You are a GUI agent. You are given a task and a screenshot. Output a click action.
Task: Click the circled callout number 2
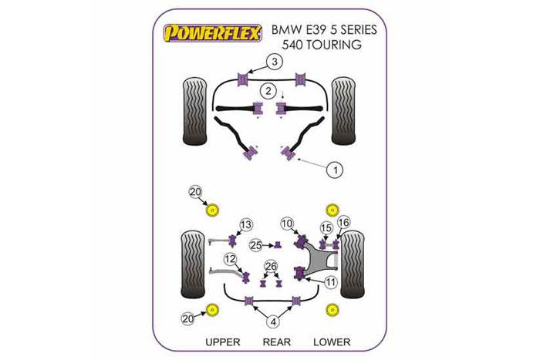click(x=267, y=91)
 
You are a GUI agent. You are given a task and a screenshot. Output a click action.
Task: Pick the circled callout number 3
click(x=275, y=62)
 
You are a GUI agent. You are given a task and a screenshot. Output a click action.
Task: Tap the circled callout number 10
click(x=287, y=224)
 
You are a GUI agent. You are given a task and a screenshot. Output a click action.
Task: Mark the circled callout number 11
click(x=331, y=283)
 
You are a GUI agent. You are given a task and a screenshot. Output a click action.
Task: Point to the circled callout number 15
click(x=326, y=227)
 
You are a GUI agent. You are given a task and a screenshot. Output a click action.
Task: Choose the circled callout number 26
click(x=270, y=267)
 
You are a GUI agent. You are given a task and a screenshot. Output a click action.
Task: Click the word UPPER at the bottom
click(x=223, y=341)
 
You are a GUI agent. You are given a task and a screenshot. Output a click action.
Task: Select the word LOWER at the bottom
click(x=332, y=341)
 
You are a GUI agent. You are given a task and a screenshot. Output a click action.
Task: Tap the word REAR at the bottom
click(x=276, y=341)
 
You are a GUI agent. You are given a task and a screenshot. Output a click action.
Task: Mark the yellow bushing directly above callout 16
click(x=334, y=209)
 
